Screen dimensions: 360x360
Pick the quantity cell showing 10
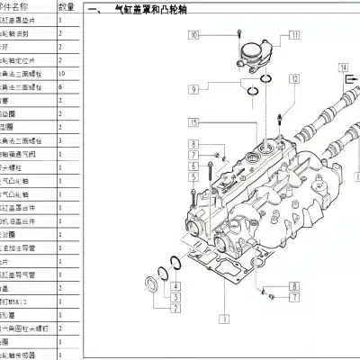coord(60,72)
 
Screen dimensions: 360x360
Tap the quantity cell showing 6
coord(60,85)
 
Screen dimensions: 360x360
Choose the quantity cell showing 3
coord(60,140)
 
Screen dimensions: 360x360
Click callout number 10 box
coord(193,35)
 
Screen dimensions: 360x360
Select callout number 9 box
coord(193,89)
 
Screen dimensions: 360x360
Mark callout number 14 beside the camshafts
coord(344,68)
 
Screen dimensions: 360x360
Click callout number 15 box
coord(193,122)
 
